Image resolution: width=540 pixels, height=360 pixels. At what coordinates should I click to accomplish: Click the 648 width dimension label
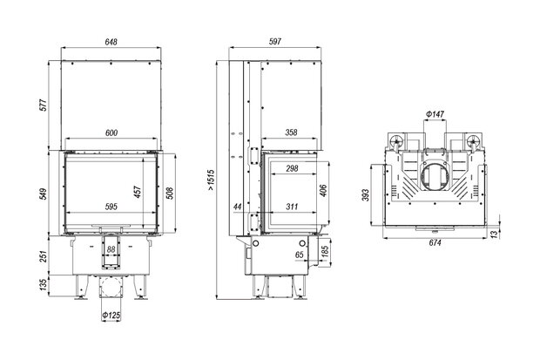point(111,42)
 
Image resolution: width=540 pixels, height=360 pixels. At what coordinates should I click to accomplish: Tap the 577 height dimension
point(44,105)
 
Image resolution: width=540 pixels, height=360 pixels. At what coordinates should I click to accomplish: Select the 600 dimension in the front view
point(111,132)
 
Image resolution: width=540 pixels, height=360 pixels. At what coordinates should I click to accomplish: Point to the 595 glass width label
point(111,207)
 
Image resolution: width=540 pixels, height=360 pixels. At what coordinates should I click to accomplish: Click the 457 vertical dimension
point(138,192)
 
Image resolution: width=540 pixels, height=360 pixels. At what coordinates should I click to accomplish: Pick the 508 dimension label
point(169,194)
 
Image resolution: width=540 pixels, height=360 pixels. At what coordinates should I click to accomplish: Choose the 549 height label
point(44,194)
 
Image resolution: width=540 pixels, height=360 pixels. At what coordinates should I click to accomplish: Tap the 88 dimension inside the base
point(111,249)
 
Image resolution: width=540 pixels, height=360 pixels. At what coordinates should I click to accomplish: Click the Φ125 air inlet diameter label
point(111,315)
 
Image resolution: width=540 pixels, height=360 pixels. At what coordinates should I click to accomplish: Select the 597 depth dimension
point(275,41)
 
